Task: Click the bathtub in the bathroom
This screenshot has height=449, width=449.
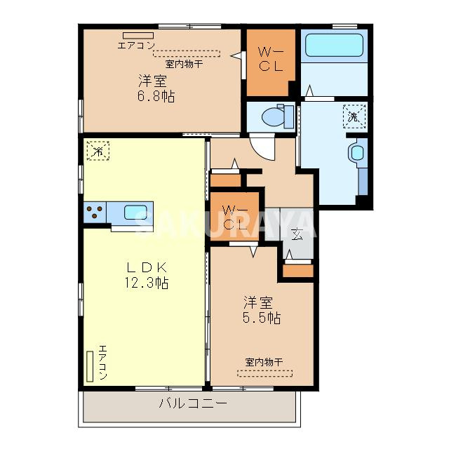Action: click(334, 45)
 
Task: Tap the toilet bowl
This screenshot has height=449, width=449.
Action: click(274, 116)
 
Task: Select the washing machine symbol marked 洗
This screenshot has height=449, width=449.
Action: click(354, 116)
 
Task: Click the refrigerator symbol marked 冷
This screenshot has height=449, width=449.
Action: click(98, 151)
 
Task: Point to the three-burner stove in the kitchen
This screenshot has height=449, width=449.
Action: click(95, 213)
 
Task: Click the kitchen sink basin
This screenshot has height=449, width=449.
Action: click(135, 212)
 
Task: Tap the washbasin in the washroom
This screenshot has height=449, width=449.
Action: click(357, 153)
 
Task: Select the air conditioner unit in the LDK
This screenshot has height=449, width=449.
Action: click(90, 366)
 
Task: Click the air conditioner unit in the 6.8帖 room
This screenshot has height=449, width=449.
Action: click(138, 36)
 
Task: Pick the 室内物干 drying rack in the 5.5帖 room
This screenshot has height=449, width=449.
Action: click(265, 373)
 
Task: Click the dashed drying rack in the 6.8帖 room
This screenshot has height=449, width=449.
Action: click(187, 53)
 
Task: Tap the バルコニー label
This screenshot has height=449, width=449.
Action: click(193, 404)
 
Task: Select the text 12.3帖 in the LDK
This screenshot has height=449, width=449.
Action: click(147, 283)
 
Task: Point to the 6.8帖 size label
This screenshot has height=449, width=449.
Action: click(156, 96)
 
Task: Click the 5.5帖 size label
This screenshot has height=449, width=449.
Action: click(262, 318)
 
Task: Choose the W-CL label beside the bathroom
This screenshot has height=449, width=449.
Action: click(271, 60)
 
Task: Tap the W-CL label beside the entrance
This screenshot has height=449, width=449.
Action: click(235, 218)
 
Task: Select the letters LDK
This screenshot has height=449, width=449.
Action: click(147, 267)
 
